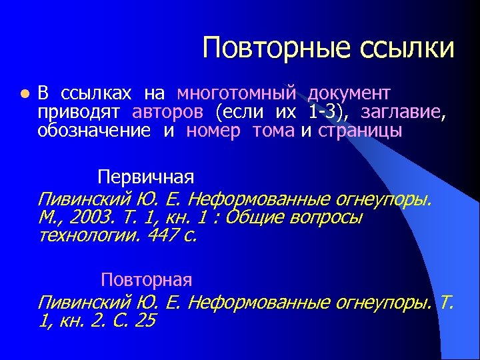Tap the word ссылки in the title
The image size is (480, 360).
click(407, 48)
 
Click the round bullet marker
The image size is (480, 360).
click(23, 93)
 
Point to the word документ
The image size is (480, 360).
click(349, 93)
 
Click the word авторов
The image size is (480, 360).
click(169, 111)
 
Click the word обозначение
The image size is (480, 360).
click(94, 130)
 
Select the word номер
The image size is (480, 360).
click(213, 130)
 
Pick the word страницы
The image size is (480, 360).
click(360, 130)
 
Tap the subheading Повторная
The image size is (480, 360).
click(147, 279)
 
